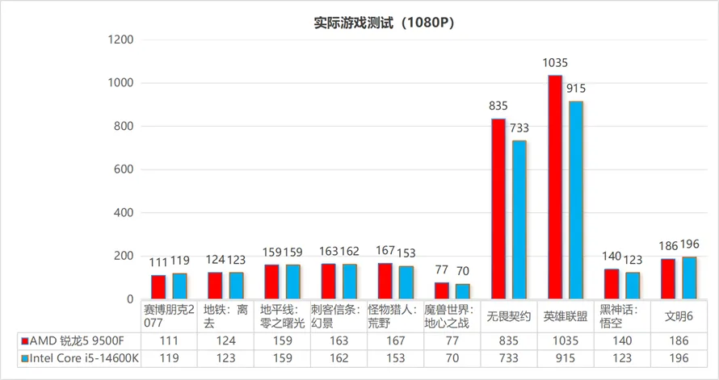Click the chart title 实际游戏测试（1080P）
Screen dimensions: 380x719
click(384, 23)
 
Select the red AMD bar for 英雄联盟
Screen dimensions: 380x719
click(555, 187)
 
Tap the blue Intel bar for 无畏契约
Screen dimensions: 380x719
click(519, 219)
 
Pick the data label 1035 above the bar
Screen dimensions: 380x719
click(556, 62)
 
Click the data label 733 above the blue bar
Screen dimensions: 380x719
click(519, 127)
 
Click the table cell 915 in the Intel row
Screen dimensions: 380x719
click(565, 359)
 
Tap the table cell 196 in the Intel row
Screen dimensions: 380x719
click(678, 359)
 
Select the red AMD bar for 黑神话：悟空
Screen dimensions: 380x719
click(612, 284)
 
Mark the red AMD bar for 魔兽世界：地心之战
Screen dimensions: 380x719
click(442, 290)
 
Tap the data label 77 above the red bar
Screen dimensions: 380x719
click(441, 270)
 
